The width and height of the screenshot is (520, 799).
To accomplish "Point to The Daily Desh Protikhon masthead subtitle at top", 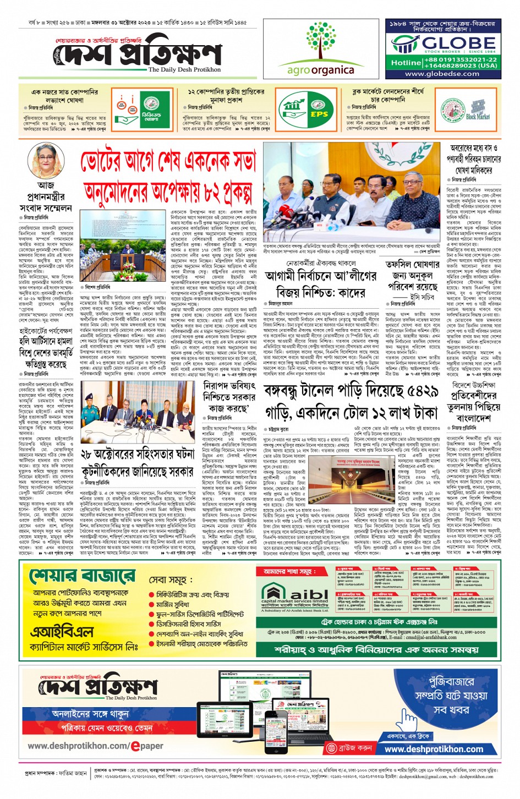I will point(184,70).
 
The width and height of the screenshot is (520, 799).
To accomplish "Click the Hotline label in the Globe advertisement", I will point(406,63).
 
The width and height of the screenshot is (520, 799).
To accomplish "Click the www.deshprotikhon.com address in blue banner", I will point(434,749).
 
